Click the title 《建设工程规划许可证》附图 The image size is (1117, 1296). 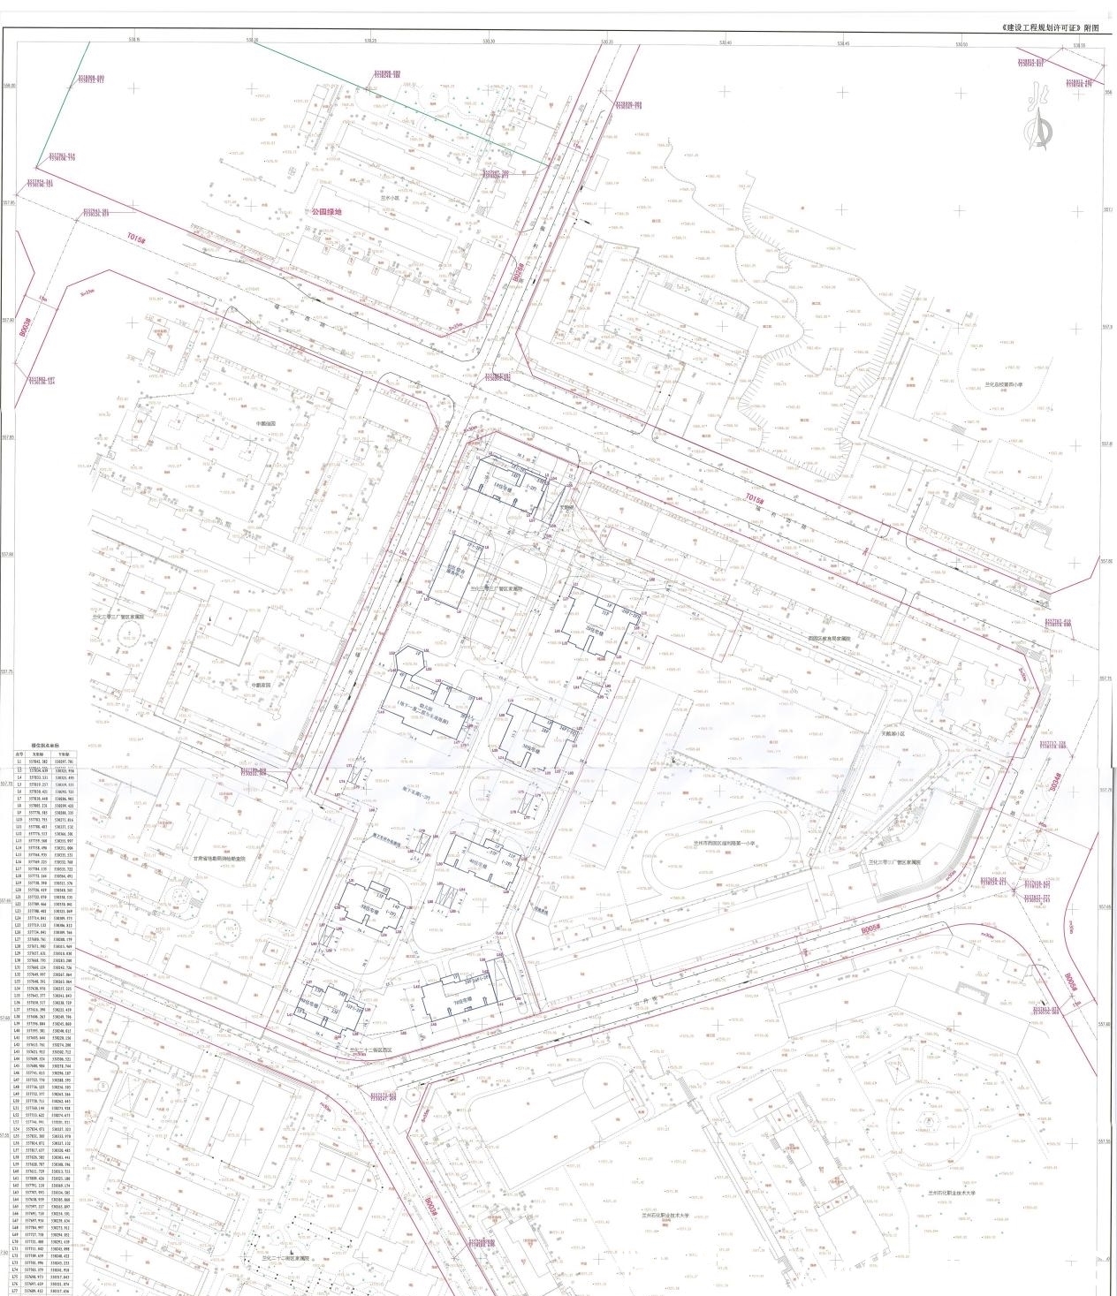click(x=1051, y=28)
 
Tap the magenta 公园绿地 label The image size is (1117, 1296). click(x=326, y=212)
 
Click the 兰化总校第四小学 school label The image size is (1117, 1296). click(x=1003, y=385)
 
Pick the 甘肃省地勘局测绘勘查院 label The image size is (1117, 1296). click(x=223, y=857)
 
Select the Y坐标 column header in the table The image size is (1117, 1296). click(x=64, y=754)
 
